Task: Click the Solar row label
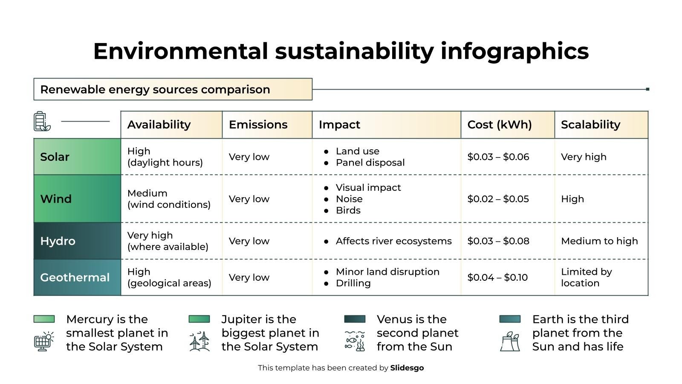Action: click(x=55, y=157)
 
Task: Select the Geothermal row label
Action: click(x=75, y=278)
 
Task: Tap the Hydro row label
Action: click(x=58, y=241)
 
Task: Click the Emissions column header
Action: click(x=258, y=125)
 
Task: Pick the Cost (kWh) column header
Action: click(x=499, y=125)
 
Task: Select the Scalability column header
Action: click(x=590, y=125)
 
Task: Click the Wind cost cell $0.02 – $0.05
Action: click(x=498, y=199)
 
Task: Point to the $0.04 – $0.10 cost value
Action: click(x=497, y=278)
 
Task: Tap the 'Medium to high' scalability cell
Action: click(x=599, y=241)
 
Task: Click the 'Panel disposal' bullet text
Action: click(x=370, y=163)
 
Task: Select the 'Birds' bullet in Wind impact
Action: click(x=348, y=210)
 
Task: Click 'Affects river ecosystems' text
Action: click(x=393, y=241)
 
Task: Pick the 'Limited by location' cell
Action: click(x=586, y=278)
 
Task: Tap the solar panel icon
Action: click(x=43, y=342)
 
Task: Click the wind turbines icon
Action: click(x=199, y=342)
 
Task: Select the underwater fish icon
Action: click(x=355, y=341)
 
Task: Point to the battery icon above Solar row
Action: click(x=41, y=122)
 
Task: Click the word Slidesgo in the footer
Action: click(x=407, y=368)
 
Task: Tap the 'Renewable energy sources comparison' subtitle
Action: click(x=155, y=90)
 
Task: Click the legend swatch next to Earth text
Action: click(x=510, y=319)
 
